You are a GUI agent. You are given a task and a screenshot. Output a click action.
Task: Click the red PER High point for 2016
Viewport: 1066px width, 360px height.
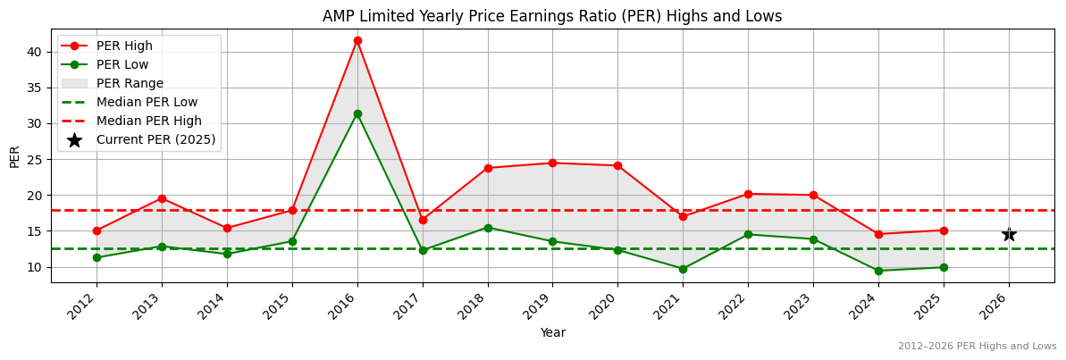coord(357,40)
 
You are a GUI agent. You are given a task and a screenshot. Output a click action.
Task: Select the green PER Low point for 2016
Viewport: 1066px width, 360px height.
coord(357,113)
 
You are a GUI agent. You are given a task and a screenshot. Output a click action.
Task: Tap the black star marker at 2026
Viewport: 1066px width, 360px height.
coord(1009,234)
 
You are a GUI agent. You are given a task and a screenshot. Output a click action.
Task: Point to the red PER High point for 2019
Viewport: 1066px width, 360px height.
coord(552,163)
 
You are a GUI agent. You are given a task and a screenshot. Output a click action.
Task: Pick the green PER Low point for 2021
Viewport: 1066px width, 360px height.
coord(683,269)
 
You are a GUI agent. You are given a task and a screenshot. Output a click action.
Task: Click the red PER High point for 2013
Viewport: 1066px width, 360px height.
coord(162,198)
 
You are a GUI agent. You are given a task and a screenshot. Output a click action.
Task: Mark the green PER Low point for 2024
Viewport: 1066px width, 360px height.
coord(878,271)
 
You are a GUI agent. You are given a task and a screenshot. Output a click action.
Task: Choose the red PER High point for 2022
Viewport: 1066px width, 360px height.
coord(748,194)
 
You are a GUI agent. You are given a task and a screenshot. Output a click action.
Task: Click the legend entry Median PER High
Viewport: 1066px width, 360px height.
coord(148,121)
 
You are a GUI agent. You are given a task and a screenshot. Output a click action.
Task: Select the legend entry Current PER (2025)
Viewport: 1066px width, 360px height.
coord(156,139)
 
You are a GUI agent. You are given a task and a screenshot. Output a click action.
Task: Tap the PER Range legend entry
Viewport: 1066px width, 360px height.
coord(130,83)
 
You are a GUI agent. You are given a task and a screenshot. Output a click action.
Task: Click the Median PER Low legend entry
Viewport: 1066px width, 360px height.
coord(147,102)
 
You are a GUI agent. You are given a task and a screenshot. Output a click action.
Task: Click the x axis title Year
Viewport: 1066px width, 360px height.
coord(552,332)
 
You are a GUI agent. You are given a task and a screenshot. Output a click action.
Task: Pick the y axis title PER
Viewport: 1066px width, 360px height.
coord(14,155)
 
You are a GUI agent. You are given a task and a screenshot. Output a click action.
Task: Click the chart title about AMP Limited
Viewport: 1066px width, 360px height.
coord(552,16)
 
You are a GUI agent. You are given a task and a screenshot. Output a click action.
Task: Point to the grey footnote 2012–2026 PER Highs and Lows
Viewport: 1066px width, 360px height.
coord(977,346)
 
